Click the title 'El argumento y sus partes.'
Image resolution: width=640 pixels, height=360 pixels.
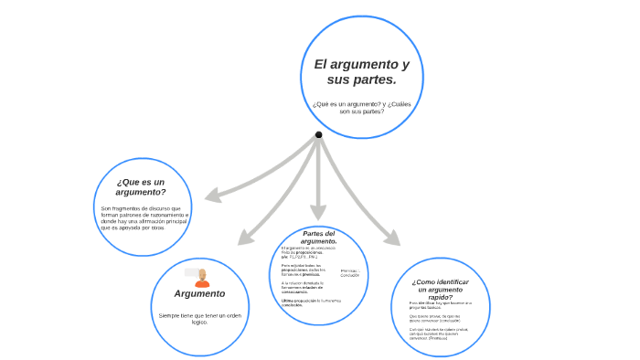point(361,72)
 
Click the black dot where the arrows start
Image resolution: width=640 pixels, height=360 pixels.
point(318,134)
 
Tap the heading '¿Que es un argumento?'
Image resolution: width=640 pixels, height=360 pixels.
point(141,186)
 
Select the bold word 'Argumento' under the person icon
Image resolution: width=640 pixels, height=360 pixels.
point(199,293)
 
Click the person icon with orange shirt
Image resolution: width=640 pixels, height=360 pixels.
point(202,278)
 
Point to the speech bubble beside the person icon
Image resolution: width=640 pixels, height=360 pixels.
point(191,271)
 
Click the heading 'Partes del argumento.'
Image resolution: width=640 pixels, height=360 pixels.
point(319,237)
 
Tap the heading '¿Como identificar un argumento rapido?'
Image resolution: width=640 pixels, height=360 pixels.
point(447,289)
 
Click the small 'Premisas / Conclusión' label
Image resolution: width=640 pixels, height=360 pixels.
point(349,273)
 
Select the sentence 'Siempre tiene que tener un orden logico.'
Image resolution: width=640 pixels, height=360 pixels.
point(199,318)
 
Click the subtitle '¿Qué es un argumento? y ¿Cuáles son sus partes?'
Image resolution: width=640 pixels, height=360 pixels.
point(361,108)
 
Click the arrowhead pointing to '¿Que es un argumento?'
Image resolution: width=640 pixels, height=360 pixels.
point(211,196)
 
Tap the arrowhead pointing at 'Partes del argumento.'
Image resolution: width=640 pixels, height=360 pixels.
point(318,213)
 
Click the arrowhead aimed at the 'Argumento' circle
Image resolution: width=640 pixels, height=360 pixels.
point(245,238)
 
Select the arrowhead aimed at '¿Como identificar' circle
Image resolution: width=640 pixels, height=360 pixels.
point(392,238)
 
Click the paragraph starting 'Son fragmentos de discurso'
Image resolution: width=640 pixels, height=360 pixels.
point(144,217)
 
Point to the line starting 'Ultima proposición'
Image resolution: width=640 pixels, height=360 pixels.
point(311,302)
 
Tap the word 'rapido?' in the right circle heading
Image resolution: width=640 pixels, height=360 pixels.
point(447,297)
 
